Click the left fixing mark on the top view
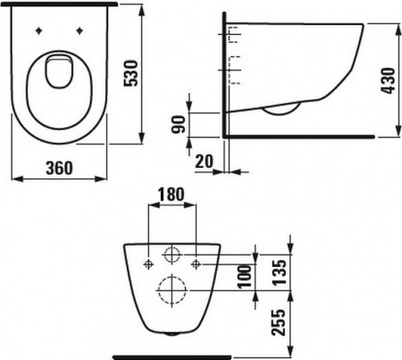[40, 33]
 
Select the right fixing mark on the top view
[80, 33]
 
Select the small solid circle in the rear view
[172, 254]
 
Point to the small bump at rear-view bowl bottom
[172, 332]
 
